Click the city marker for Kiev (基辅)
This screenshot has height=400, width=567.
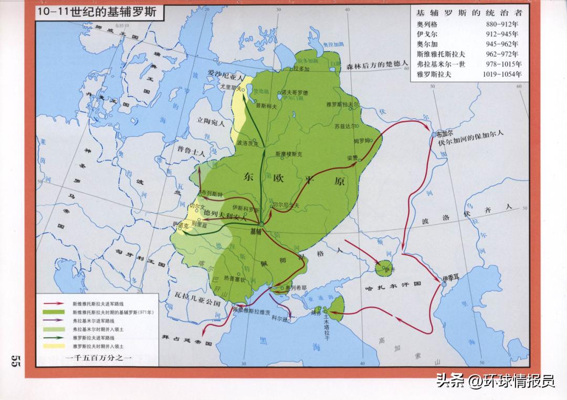(261, 225)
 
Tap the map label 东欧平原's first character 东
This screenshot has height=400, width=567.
(249, 177)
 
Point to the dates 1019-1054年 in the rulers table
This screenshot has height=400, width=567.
(502, 74)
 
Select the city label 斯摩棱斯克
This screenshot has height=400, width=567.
(289, 154)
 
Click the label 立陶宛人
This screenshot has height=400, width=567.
(209, 124)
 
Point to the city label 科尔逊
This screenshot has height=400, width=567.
(280, 319)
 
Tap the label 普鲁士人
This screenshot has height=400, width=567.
(191, 150)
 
